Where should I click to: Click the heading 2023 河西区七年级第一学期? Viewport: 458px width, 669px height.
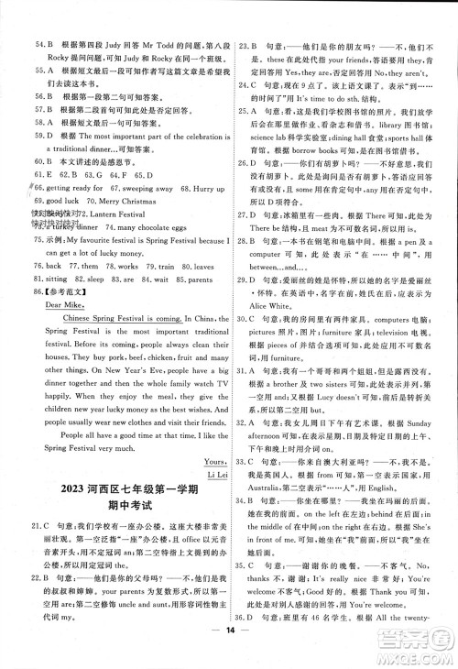[x=121, y=520]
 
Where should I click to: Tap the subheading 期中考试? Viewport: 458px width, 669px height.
[x=121, y=541]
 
